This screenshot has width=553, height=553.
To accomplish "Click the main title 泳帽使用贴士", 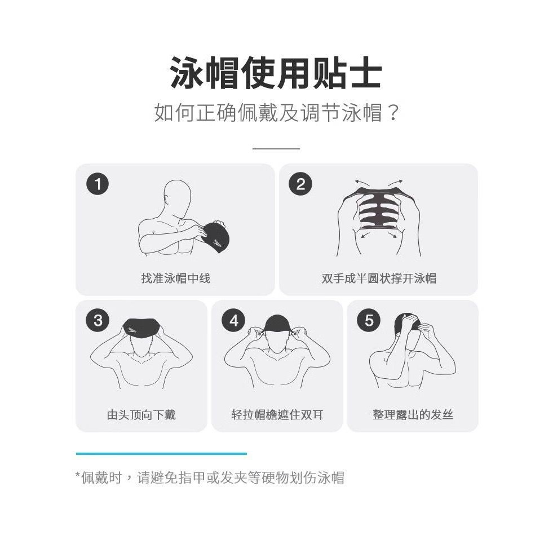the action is [x=276, y=72].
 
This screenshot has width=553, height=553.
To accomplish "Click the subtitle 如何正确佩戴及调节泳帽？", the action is [x=276, y=113].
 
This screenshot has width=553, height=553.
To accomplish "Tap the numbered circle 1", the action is [x=98, y=184].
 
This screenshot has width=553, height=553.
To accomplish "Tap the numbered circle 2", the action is [x=300, y=184].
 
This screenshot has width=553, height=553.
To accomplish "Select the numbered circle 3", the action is [x=98, y=320].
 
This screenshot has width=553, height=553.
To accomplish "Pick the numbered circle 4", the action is [x=233, y=320].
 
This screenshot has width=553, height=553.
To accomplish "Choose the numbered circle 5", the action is [x=369, y=320].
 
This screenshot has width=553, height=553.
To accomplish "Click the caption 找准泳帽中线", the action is [x=176, y=278].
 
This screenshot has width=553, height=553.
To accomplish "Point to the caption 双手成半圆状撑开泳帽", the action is [x=379, y=278].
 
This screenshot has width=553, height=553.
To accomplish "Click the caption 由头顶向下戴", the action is [x=141, y=415].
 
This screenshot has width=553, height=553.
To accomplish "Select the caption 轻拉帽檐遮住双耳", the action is [x=277, y=415].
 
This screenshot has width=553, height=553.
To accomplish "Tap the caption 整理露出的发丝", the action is [x=413, y=415].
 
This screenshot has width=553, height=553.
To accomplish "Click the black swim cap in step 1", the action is [x=214, y=236].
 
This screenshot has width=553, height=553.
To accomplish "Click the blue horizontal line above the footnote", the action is [x=162, y=454].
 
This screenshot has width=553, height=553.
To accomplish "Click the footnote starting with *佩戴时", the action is [x=210, y=478].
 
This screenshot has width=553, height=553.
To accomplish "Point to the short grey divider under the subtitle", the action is [x=276, y=148].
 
